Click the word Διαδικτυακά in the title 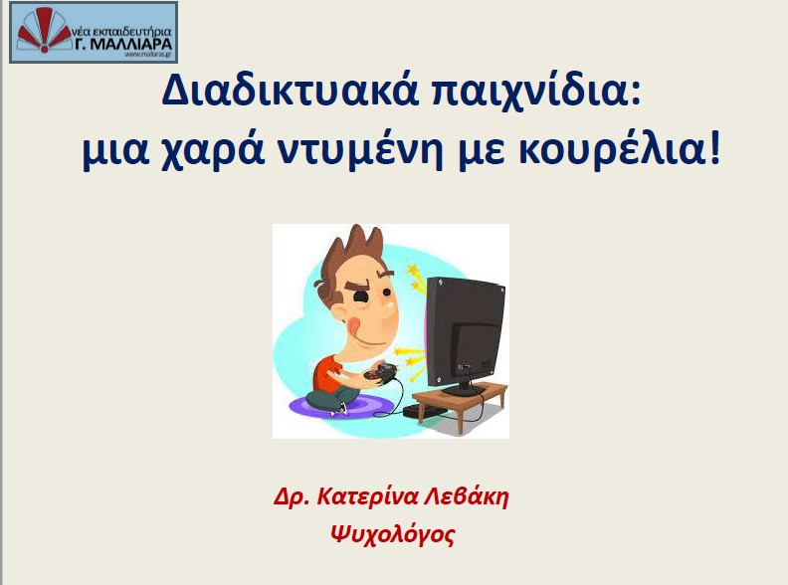click(x=291, y=91)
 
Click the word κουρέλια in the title click(x=611, y=150)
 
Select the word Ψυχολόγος click(x=392, y=534)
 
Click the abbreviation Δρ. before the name click(x=294, y=497)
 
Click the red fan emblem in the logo click(x=44, y=30)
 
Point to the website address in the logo click(x=148, y=55)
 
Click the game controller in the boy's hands click(x=380, y=372)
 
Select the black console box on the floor click(x=425, y=411)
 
